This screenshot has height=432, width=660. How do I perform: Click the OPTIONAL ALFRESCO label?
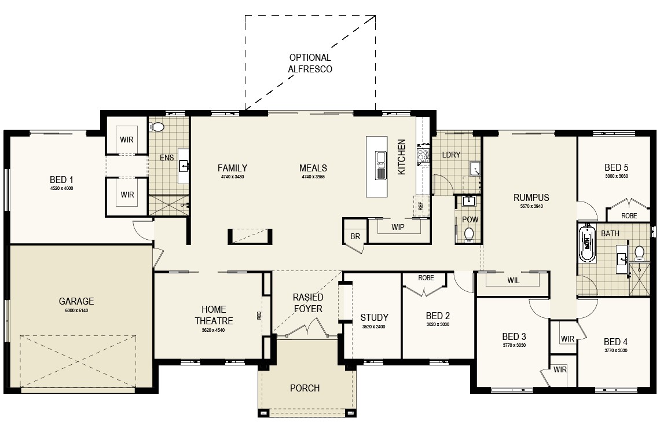[310, 63]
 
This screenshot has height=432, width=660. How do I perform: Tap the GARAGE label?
[76, 302]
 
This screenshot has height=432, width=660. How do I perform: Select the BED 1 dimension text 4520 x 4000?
[61, 188]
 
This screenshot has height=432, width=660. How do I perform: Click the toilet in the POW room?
[469, 234]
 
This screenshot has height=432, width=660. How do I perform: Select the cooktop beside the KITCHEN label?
[423, 155]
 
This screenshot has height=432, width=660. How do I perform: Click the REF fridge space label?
[421, 206]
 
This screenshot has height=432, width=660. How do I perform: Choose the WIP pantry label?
[398, 227]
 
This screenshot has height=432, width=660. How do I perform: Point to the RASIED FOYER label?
[307, 303]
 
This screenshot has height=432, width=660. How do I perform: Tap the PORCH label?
[305, 388]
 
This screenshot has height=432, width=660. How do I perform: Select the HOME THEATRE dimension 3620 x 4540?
[214, 331]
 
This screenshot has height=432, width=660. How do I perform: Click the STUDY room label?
[374, 317]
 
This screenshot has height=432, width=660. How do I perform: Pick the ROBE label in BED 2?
[426, 278]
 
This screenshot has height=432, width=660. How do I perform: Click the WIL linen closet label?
[513, 280]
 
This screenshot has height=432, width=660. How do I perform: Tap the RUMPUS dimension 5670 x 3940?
[531, 206]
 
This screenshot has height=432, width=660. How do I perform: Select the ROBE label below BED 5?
[629, 215]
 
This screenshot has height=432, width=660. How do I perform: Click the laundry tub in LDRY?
[474, 169]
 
